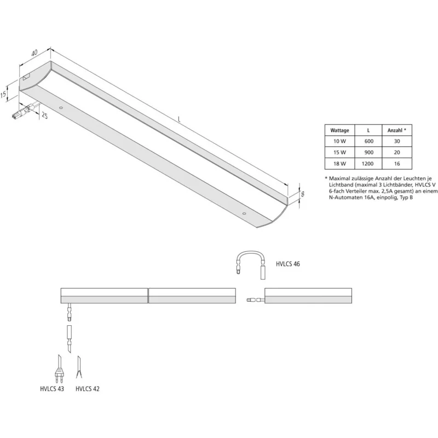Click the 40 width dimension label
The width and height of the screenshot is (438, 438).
[34, 53]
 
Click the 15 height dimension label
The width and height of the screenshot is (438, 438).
[3, 94]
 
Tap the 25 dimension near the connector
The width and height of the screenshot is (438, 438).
[44, 115]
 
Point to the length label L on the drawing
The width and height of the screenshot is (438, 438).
[179, 119]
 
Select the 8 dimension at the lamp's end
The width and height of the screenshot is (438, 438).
[303, 194]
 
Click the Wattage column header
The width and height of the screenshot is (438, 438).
[339, 130]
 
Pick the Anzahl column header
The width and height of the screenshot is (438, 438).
[396, 130]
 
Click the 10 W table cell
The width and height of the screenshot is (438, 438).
[339, 141]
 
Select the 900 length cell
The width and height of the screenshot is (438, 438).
[368, 153]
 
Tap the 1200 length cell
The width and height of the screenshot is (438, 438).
[367, 164]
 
